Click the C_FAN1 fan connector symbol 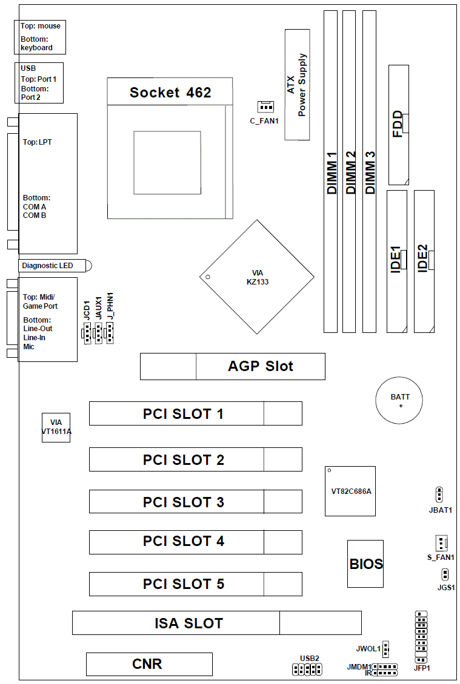(x=265, y=107)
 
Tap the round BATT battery (x=399, y=401)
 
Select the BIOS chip (x=365, y=564)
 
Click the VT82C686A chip (x=350, y=491)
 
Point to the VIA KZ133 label (x=258, y=277)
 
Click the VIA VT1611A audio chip (x=56, y=427)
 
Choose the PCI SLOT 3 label (x=184, y=502)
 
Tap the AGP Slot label (x=261, y=366)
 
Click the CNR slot (x=149, y=664)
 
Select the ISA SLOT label (x=188, y=623)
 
